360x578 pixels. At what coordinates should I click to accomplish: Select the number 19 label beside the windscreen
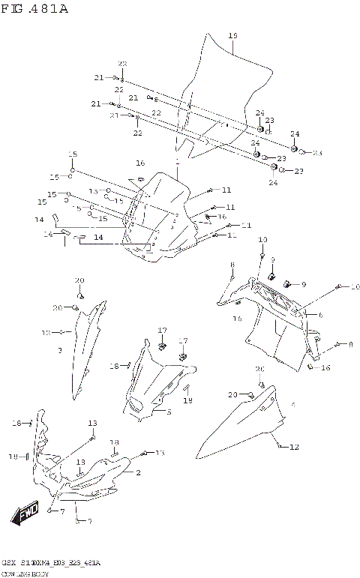[232, 35]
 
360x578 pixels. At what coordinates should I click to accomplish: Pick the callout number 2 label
[138, 472]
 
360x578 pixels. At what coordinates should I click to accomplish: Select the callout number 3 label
[60, 349]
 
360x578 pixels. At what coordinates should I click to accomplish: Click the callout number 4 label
[292, 405]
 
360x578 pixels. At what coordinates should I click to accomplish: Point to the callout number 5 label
[169, 412]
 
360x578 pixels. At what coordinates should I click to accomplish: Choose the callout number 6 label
[320, 315]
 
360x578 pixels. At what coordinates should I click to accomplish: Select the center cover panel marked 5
[157, 382]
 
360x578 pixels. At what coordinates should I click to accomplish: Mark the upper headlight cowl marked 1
[161, 217]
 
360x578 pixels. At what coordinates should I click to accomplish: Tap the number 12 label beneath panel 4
[294, 447]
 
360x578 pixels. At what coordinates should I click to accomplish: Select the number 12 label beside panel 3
[46, 331]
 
